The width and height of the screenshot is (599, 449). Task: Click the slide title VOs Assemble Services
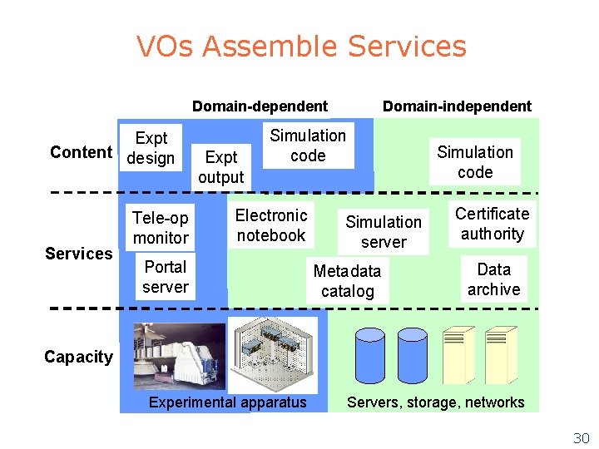click(x=301, y=47)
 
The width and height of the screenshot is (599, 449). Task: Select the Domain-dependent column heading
click(x=260, y=106)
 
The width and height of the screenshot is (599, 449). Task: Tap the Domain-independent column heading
click(x=456, y=106)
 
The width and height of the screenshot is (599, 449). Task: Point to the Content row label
click(x=81, y=151)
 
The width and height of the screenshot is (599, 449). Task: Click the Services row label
click(x=78, y=253)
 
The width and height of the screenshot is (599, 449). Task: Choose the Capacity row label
click(x=78, y=357)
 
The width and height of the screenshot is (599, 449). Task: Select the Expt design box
click(x=151, y=148)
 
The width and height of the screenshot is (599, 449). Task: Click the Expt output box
click(x=221, y=166)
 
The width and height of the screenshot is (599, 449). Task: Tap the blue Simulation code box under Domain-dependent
click(x=308, y=146)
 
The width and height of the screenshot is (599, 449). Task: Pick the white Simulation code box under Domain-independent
click(x=475, y=162)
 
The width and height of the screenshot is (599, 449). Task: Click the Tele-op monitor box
click(x=161, y=228)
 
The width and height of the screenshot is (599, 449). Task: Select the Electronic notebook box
click(x=271, y=225)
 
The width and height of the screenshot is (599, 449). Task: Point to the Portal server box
click(x=165, y=277)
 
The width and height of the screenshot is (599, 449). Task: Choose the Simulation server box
click(x=384, y=232)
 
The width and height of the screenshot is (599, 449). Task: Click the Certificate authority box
click(x=492, y=224)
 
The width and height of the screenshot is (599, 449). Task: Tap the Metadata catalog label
click(x=347, y=281)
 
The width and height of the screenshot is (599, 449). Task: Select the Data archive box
click(x=493, y=279)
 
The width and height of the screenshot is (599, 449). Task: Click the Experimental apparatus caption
click(x=227, y=402)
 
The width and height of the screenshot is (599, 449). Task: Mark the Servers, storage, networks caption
click(x=435, y=402)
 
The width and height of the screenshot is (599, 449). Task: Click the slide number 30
click(x=581, y=437)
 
